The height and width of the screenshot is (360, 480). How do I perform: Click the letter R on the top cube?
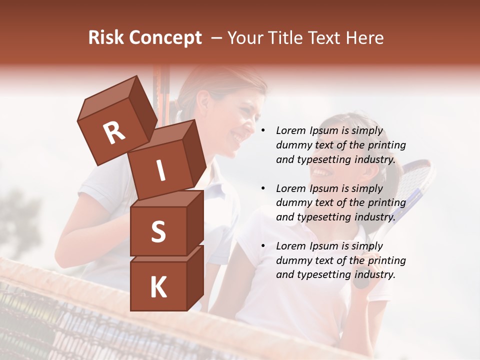pyautogui.click(x=114, y=132)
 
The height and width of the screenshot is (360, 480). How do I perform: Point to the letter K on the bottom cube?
pyautogui.click(x=158, y=287)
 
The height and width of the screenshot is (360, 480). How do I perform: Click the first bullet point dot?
pyautogui.click(x=263, y=131)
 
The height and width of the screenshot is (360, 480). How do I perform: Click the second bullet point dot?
pyautogui.click(x=263, y=188)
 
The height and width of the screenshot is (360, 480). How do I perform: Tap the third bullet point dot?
pyautogui.click(x=263, y=246)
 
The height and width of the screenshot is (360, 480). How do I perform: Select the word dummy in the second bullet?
pyautogui.click(x=293, y=202)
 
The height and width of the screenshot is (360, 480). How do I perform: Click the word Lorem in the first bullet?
pyautogui.click(x=291, y=130)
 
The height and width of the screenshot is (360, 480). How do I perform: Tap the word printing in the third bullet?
pyautogui.click(x=386, y=260)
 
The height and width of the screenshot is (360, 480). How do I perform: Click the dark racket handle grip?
pyautogui.click(x=361, y=282)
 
